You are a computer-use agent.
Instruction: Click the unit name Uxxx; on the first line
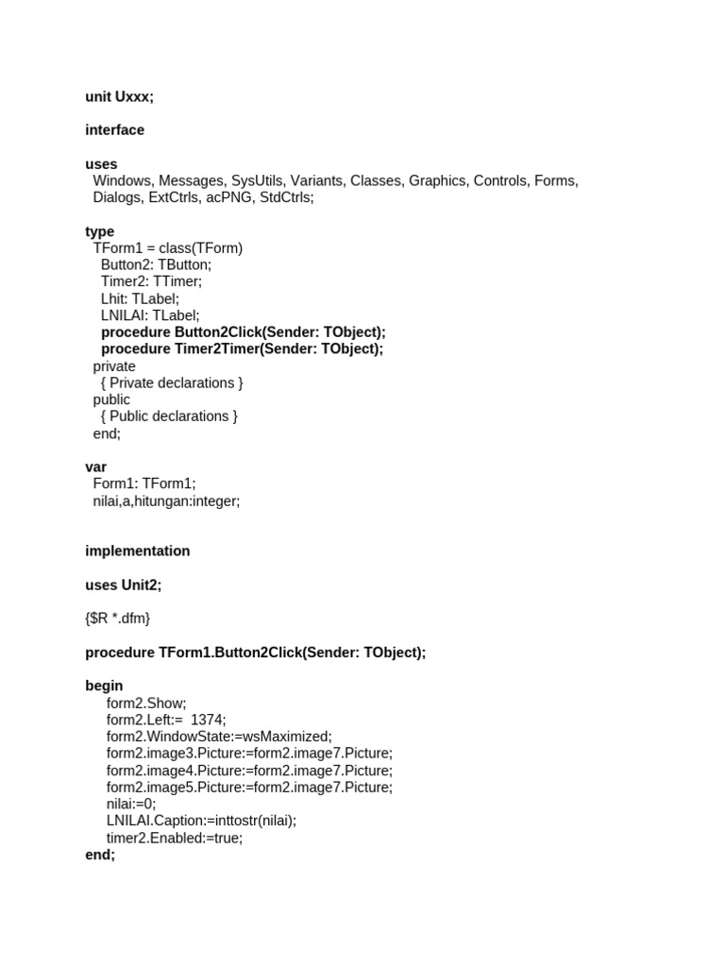tap(135, 96)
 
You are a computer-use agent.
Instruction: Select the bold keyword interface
tap(114, 129)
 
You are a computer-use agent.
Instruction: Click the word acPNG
tap(230, 197)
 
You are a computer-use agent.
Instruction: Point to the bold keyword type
tap(99, 231)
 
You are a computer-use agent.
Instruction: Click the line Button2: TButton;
tap(156, 265)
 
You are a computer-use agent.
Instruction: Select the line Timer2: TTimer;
tap(151, 281)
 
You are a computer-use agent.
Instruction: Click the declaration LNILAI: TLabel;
tap(150, 315)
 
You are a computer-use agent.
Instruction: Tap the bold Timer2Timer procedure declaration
tap(242, 348)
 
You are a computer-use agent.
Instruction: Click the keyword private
tap(114, 366)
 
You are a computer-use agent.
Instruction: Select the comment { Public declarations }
tap(169, 416)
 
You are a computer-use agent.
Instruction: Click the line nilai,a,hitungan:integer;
tap(166, 501)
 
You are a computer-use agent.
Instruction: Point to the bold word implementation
tap(137, 551)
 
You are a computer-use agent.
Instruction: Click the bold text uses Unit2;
tap(123, 585)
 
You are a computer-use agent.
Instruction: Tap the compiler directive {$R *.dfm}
tap(117, 619)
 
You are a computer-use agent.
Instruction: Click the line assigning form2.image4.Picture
tap(249, 770)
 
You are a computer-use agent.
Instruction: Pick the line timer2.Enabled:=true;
tap(174, 838)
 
